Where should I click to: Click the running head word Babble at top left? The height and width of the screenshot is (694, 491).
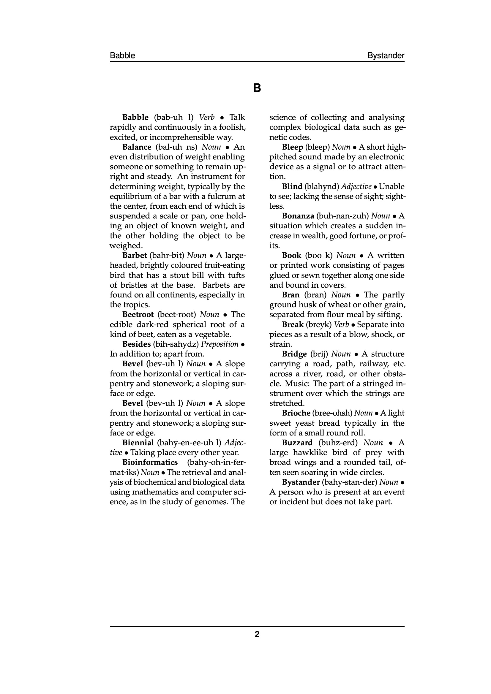[x=122, y=56]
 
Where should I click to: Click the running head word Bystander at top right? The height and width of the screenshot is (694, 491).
[x=386, y=56]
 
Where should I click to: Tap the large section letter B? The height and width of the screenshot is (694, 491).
[x=257, y=88]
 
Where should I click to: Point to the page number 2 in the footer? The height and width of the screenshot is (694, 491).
[x=257, y=634]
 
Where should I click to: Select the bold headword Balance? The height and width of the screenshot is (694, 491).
[x=137, y=147]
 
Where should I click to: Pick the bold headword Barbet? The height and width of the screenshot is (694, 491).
[x=135, y=255]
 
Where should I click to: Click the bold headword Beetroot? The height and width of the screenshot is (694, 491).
[x=138, y=315]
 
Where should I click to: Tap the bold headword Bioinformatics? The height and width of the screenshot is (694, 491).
[x=150, y=462]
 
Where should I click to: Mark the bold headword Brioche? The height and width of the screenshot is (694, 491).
[x=296, y=413]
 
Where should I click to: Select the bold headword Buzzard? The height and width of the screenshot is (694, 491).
[x=297, y=443]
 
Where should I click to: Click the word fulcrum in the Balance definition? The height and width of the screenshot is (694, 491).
[x=222, y=197]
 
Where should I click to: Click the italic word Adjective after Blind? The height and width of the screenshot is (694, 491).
[x=356, y=186]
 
